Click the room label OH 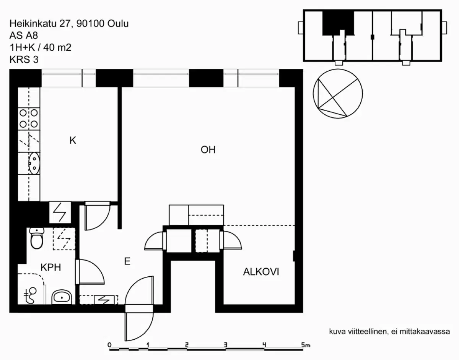pos(208,150)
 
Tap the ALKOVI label pos(261,272)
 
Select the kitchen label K pos(73,141)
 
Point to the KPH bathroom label pos(50,268)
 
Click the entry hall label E pos(127,261)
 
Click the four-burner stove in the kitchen pos(29,118)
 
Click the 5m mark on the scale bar pos(305,345)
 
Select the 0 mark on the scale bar pos(109,345)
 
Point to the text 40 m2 pos(57,47)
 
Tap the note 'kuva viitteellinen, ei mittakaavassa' pos(389,332)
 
